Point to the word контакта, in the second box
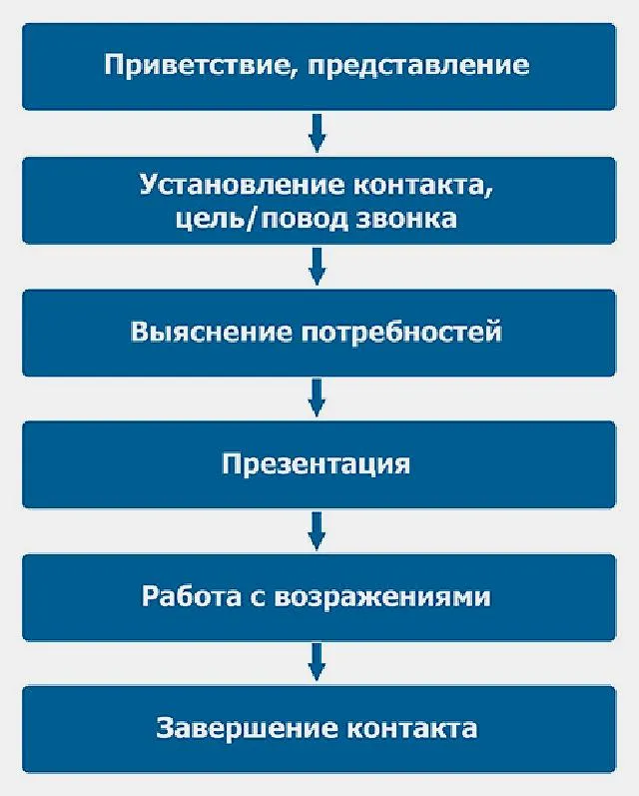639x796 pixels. click(x=423, y=186)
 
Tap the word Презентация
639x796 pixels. click(x=317, y=464)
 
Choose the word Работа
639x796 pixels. click(x=191, y=597)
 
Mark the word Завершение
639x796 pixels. click(x=243, y=727)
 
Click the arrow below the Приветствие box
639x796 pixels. click(x=317, y=133)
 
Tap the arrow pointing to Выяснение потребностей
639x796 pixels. click(x=317, y=267)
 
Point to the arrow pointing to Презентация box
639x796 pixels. click(x=317, y=398)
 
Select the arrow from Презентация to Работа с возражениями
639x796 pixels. click(x=317, y=531)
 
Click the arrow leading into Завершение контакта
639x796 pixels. click(x=317, y=662)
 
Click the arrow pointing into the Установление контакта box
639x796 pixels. click(x=317, y=133)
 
